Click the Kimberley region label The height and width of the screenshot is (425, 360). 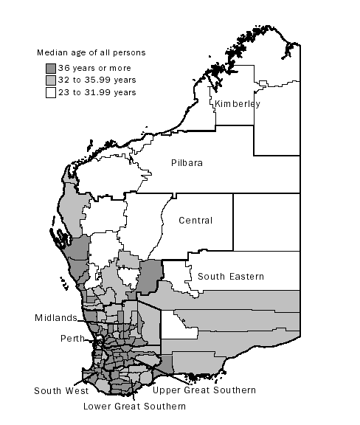(x=238, y=104)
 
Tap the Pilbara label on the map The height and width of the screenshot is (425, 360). (x=188, y=162)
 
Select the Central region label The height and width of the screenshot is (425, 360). (x=196, y=220)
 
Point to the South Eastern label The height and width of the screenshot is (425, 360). (x=230, y=277)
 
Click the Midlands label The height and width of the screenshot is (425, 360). (x=55, y=318)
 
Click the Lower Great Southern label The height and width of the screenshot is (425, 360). (x=134, y=406)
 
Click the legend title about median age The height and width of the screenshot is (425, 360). (x=91, y=52)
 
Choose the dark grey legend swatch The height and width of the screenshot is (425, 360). (x=51, y=67)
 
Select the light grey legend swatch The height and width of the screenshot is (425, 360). (x=51, y=80)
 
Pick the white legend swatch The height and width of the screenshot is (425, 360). (x=51, y=92)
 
